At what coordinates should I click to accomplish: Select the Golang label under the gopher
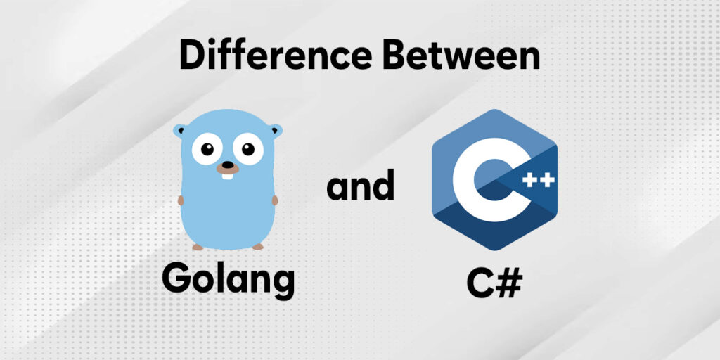click(228, 278)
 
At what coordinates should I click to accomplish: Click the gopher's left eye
click(206, 150)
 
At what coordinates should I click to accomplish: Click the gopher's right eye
click(247, 149)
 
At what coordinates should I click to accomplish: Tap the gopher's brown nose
click(226, 167)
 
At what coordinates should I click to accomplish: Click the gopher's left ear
click(181, 131)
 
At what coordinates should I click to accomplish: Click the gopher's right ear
click(275, 130)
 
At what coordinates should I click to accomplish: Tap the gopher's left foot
click(198, 247)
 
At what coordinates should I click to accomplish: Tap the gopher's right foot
click(257, 246)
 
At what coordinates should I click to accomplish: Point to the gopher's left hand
click(181, 200)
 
